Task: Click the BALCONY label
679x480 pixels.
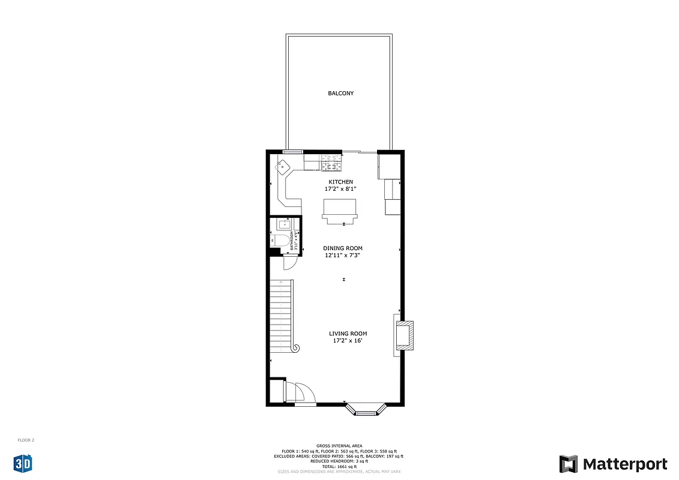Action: coord(340,94)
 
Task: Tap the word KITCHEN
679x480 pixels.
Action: coord(340,182)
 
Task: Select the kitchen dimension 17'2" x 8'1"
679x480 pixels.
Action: coord(340,189)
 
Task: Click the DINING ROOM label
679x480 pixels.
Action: coord(342,248)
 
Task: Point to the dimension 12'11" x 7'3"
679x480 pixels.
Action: coord(342,256)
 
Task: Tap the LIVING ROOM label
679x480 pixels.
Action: coord(348,334)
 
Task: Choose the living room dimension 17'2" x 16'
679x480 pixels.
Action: coord(348,341)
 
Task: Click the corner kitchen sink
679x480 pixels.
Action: coord(283,166)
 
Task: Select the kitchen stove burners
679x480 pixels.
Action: coord(332,162)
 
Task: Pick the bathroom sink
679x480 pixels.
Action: coord(284,224)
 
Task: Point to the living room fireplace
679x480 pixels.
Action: coord(404,335)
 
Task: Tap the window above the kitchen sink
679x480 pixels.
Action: coord(293,151)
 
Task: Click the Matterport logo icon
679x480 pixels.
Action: coord(569,464)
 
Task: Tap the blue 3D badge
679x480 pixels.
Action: coord(23,463)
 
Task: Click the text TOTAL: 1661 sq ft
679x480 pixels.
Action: coord(339,466)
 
